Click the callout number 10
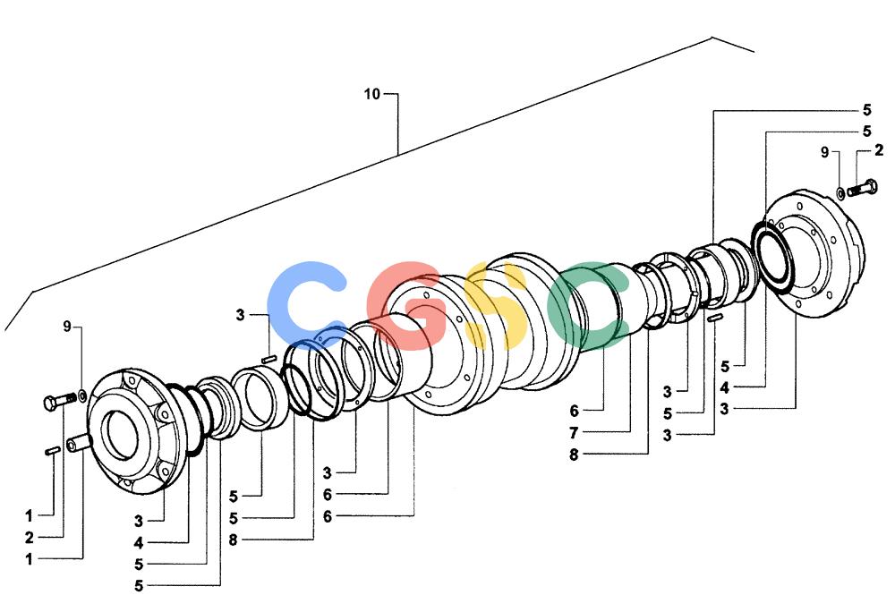(371, 94)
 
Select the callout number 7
(574, 433)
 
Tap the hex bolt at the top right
(862, 187)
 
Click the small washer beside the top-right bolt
(840, 193)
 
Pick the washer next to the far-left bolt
(81, 394)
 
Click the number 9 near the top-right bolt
(825, 152)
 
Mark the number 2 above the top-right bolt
(879, 150)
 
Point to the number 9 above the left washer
(67, 327)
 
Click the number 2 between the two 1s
(30, 537)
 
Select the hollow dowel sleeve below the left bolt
(78, 443)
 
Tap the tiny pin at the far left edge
(53, 451)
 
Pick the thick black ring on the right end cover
(771, 258)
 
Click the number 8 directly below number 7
(574, 455)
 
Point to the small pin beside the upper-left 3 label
(268, 359)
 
